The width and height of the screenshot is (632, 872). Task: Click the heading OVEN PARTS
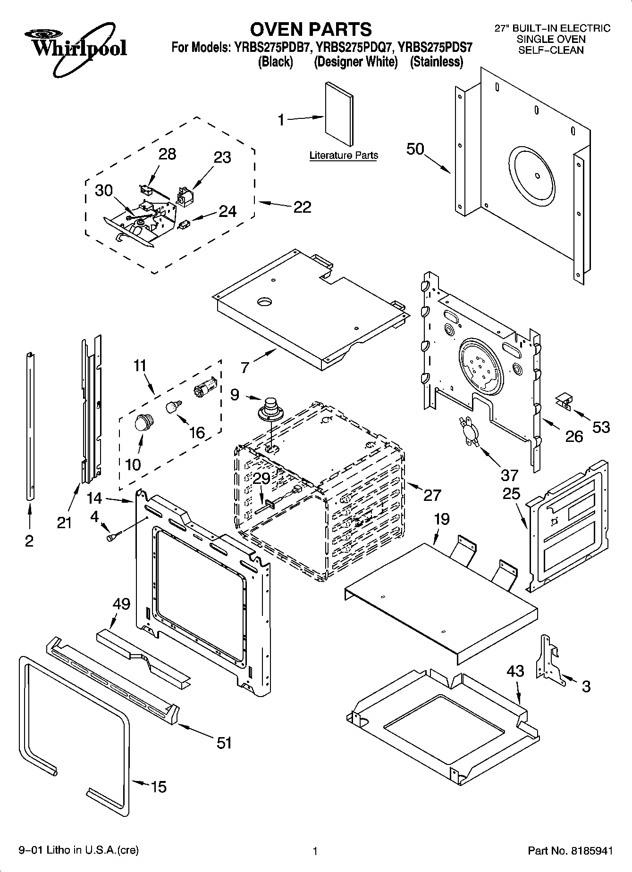[311, 29]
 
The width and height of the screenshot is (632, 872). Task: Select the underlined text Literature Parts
[344, 155]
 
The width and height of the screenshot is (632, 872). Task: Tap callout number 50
[415, 149]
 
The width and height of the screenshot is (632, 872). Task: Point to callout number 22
[302, 207]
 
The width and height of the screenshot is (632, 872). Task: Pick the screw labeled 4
[114, 536]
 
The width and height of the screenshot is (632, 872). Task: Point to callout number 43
[515, 671]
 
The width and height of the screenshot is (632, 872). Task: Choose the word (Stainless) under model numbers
[436, 62]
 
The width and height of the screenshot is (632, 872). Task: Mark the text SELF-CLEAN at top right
[551, 50]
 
